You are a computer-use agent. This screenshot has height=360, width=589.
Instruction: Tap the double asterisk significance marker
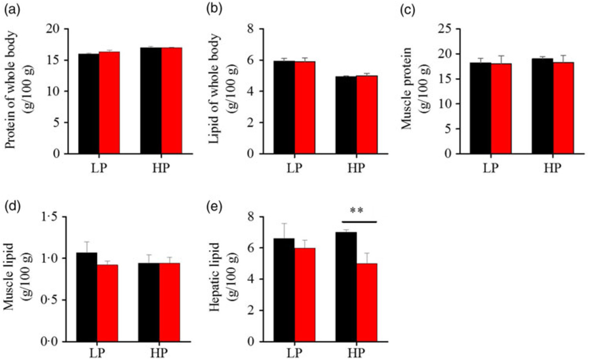tap(356, 211)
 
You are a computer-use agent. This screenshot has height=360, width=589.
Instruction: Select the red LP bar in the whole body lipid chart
tap(305, 107)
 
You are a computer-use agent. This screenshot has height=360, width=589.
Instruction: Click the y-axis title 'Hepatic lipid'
tap(214, 277)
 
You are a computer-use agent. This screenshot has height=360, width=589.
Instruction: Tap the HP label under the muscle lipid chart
tap(159, 353)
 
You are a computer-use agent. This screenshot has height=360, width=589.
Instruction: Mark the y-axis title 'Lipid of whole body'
tap(214, 89)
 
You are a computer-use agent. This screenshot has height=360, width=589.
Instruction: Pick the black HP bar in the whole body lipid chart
tap(346, 115)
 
